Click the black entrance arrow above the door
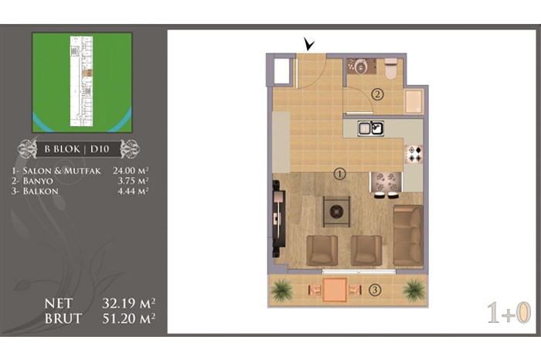click(x=309, y=45)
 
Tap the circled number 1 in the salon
click(x=340, y=174)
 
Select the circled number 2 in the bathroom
click(x=377, y=93)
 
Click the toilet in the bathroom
click(x=391, y=69)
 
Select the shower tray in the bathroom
click(x=414, y=102)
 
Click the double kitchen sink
click(x=370, y=128)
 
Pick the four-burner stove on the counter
click(x=414, y=154)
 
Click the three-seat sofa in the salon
click(x=408, y=235)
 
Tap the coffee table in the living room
click(x=336, y=212)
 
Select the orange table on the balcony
click(x=335, y=290)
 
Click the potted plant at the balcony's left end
click(x=283, y=290)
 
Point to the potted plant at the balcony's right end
click(x=414, y=290)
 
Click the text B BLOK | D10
click(x=77, y=149)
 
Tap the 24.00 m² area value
click(x=131, y=171)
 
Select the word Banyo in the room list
click(x=38, y=181)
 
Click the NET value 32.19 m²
click(x=128, y=304)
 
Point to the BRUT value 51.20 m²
click(x=128, y=318)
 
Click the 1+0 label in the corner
click(x=509, y=313)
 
